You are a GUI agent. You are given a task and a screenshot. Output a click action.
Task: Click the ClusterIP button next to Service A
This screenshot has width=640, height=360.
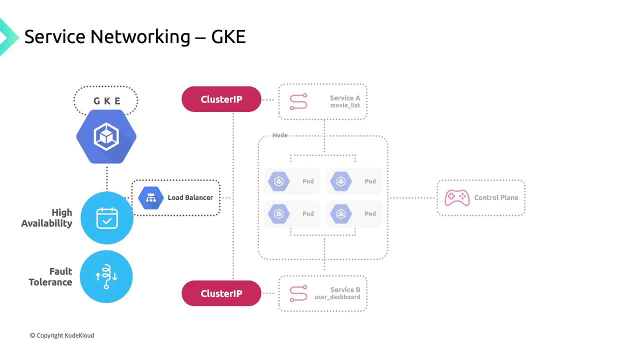pos(221,99)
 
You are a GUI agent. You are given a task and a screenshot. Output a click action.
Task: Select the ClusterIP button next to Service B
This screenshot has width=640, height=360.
pos(221,293)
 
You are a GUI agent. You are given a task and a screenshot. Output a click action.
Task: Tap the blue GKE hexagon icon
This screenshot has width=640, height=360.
pos(106,136)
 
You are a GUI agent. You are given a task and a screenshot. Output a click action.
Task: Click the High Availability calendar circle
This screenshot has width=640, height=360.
pos(106,218)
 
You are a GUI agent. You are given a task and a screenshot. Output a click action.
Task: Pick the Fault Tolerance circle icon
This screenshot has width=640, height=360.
pos(106,276)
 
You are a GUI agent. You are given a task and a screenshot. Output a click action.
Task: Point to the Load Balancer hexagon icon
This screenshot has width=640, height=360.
pos(151,197)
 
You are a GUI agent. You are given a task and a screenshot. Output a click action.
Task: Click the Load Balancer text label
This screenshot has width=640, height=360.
pos(190,197)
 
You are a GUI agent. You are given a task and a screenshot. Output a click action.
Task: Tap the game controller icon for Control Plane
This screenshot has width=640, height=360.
pos(456,197)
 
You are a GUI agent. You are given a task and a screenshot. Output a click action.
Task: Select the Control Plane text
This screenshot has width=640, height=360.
pos(496,197)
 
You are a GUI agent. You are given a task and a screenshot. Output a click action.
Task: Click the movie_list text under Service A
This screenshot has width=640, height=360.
pos(345,105)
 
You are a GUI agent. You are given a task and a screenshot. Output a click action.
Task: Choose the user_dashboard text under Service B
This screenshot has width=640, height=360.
pos(337,297)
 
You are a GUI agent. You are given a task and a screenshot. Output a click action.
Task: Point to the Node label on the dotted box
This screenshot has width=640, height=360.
pos(280,135)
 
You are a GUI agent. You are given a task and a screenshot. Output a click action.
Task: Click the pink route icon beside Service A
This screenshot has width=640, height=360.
pos(298,102)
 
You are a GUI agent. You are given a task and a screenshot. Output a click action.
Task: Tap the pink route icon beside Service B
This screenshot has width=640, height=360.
pos(298,293)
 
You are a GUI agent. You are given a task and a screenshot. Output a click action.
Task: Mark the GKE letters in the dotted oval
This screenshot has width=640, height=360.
pos(107,101)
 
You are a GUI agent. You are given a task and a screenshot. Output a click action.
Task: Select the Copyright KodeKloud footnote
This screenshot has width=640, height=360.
pos(62,335)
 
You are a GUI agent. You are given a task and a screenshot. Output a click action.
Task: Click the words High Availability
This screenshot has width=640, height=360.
pos(47,218)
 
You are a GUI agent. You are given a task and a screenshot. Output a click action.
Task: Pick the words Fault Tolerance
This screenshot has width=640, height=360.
pos(50,276)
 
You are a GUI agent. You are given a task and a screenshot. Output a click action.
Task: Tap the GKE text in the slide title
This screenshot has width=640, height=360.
pos(228,36)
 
